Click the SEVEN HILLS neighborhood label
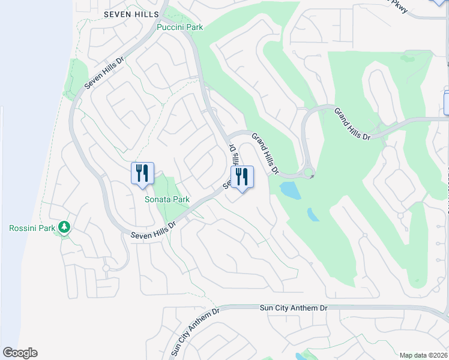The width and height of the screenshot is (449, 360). pyautogui.click(x=131, y=14)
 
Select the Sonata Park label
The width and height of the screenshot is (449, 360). pyautogui.click(x=167, y=199)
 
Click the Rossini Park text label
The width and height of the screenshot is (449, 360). pyautogui.click(x=33, y=228)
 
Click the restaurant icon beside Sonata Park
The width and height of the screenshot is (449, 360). pyautogui.click(x=143, y=173)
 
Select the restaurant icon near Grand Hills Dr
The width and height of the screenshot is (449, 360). pyautogui.click(x=243, y=177)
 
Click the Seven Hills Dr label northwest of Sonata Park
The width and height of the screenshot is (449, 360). pyautogui.click(x=104, y=73)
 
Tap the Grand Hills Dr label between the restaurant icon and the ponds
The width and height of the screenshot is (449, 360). pyautogui.click(x=265, y=154)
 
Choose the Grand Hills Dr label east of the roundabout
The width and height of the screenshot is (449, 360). pyautogui.click(x=353, y=124)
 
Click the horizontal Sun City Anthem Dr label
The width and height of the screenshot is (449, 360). pyautogui.click(x=294, y=308)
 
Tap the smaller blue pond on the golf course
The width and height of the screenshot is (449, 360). pyautogui.click(x=313, y=214)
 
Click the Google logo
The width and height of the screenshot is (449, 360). pyautogui.click(x=20, y=353)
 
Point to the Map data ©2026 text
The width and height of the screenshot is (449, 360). pyautogui.click(x=423, y=355)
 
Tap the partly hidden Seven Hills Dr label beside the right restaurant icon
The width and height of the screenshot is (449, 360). pyautogui.click(x=231, y=165)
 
